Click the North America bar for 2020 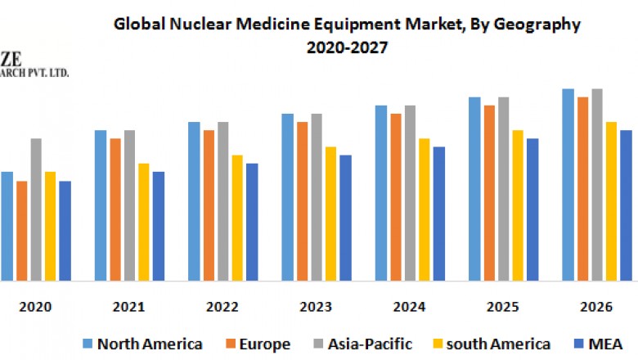[7, 226]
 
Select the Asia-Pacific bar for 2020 [36, 209]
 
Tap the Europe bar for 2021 [115, 209]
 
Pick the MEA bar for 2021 [159, 226]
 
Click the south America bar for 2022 [237, 218]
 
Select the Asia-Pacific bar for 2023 [317, 197]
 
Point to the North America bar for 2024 [381, 193]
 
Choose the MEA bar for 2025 [532, 209]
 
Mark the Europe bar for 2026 [583, 189]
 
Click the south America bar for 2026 [611, 201]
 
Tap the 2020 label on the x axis [36, 307]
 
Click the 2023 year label [316, 307]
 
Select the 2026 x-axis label [596, 307]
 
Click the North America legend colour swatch [88, 343]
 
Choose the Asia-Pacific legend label [370, 344]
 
